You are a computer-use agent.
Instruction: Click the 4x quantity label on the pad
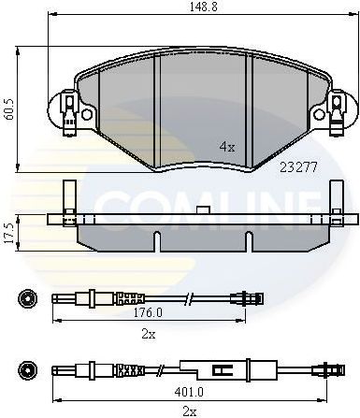click(226, 147)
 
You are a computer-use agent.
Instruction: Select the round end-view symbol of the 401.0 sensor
click(27, 368)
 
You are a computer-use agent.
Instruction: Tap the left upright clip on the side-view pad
click(67, 201)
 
